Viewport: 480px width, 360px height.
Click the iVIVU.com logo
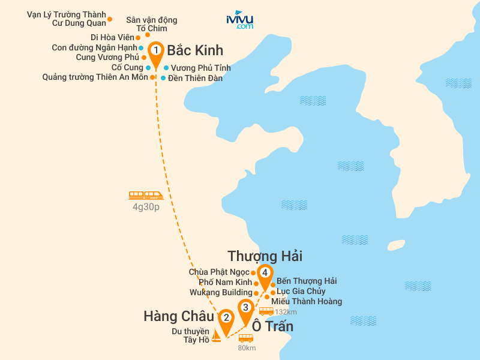click(239, 20)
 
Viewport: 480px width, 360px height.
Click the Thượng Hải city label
click(265, 256)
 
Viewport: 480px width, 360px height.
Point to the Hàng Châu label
click(179, 316)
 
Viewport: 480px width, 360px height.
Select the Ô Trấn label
click(272, 327)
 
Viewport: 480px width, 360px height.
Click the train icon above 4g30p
click(146, 195)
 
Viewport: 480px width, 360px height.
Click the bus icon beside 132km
click(266, 311)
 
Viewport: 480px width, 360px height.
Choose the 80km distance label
click(247, 348)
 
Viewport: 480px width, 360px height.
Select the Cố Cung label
click(127, 68)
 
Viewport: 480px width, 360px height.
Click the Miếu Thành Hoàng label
click(307, 301)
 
